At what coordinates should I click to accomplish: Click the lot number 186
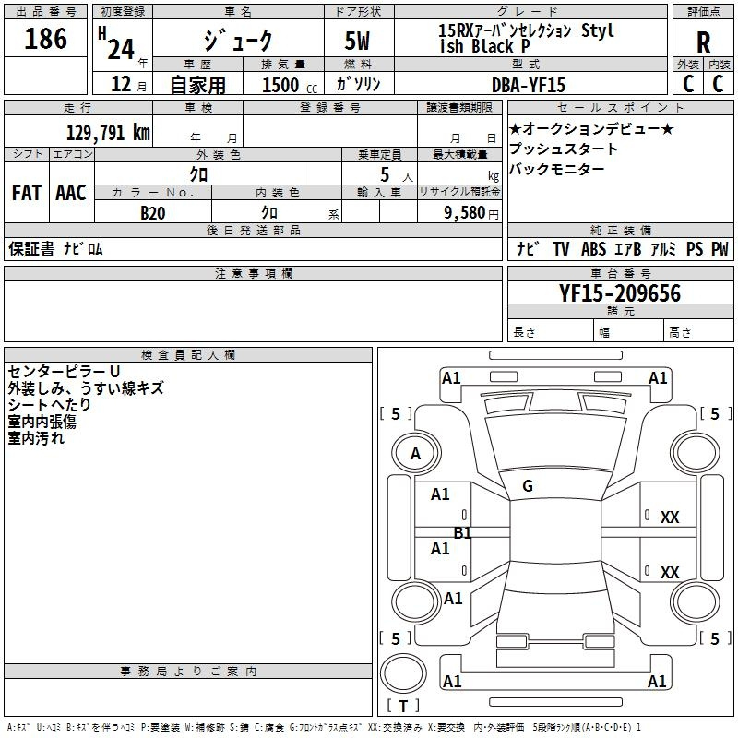click(x=45, y=39)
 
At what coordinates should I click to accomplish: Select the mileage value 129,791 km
click(x=108, y=133)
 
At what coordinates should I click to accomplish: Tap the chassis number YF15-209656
click(x=620, y=293)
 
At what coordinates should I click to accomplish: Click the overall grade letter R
click(x=703, y=42)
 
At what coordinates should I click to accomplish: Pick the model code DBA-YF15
click(x=528, y=85)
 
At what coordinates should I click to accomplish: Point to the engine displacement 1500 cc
click(x=290, y=85)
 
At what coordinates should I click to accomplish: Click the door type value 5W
click(x=357, y=41)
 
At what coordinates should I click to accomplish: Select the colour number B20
click(x=153, y=213)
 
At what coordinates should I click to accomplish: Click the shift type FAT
click(x=27, y=193)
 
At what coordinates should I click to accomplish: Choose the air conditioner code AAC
click(x=71, y=193)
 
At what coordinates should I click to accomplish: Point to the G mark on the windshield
click(x=528, y=486)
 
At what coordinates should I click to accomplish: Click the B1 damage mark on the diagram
click(x=462, y=533)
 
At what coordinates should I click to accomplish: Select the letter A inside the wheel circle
click(x=415, y=454)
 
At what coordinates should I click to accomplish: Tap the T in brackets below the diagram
click(x=403, y=706)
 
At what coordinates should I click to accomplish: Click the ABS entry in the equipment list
click(x=593, y=249)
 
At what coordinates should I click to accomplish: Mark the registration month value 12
click(x=121, y=84)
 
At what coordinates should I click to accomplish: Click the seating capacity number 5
click(x=385, y=175)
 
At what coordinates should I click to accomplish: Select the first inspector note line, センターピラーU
click(x=64, y=372)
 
